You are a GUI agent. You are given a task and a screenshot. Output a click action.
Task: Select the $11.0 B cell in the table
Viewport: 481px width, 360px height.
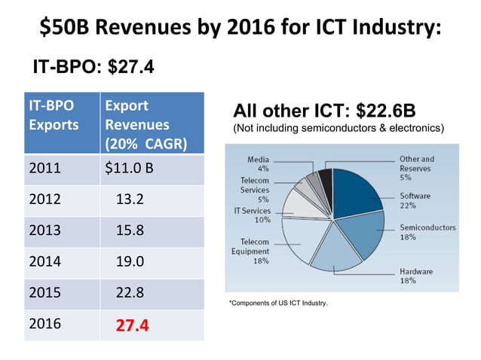click(x=129, y=168)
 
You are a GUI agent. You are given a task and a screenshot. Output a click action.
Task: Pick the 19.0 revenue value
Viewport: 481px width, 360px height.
click(x=131, y=262)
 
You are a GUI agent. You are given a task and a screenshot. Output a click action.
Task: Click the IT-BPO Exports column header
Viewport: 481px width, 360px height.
click(x=53, y=115)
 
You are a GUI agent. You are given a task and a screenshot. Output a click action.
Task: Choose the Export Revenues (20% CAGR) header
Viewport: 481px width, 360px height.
click(x=147, y=124)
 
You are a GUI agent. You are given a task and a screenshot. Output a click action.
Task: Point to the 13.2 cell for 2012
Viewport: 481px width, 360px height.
click(x=131, y=200)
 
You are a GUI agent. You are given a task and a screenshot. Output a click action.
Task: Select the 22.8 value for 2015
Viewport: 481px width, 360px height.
click(x=131, y=293)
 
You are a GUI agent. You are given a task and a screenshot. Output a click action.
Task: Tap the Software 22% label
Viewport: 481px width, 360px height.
click(x=415, y=200)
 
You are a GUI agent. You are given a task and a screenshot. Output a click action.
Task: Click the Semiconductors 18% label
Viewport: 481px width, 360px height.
click(x=427, y=232)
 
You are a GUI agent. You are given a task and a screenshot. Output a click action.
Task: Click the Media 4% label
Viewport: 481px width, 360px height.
click(x=258, y=164)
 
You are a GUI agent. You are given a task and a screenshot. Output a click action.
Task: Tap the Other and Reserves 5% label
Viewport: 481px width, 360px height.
click(x=416, y=168)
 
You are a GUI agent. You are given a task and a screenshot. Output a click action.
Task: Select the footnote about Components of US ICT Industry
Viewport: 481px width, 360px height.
click(x=277, y=303)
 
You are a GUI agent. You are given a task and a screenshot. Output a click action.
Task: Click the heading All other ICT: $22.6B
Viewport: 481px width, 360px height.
click(x=323, y=111)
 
